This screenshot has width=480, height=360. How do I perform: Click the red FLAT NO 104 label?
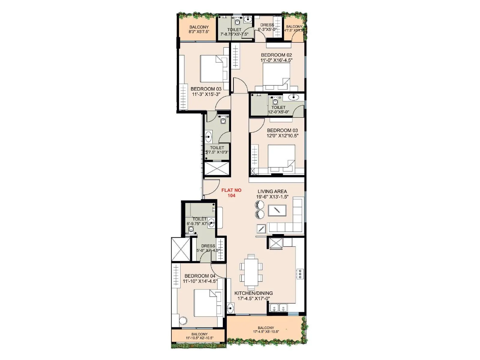[231, 193]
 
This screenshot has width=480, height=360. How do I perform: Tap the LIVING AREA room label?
[272, 191]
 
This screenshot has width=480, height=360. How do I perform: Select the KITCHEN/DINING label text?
[253, 293]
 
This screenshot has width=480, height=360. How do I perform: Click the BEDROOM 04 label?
[200, 276]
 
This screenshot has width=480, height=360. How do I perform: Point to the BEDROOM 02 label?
[276, 55]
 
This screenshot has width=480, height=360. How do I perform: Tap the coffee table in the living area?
[277, 210]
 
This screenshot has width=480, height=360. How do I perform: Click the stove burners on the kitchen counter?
[300, 274]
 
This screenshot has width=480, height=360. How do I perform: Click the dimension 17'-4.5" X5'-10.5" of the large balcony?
[266, 332]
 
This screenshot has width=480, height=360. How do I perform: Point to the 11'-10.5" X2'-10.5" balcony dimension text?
[199, 338]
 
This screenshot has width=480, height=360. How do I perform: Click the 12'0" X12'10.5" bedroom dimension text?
[283, 136]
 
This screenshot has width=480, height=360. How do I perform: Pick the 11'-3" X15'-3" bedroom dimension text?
[206, 94]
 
